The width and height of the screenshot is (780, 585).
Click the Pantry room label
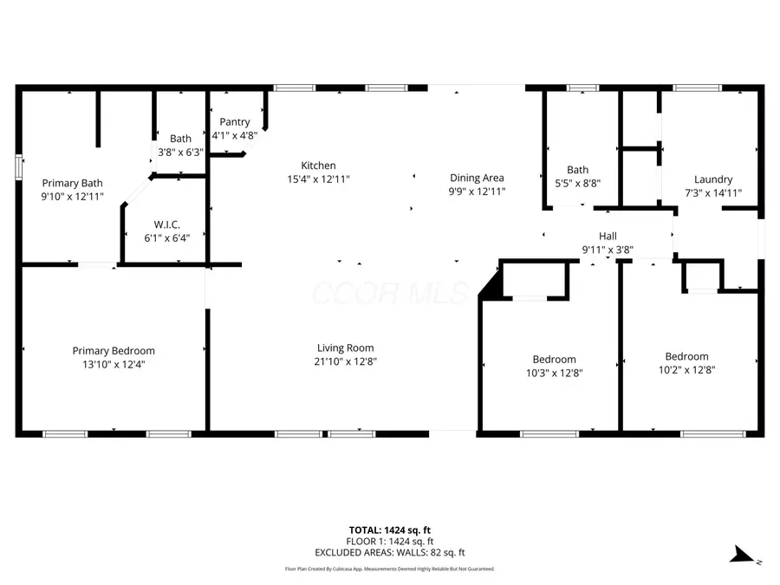coord(234,122)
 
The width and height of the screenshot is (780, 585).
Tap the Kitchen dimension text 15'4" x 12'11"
coord(318,179)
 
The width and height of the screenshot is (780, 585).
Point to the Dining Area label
coord(477,178)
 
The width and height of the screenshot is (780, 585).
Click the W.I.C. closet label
coord(166,224)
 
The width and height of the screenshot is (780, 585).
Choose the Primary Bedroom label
coord(114,351)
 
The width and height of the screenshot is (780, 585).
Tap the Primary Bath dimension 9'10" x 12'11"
coord(73,196)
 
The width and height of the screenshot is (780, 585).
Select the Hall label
coord(608,236)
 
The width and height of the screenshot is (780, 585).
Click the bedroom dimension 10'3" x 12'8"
coord(554,373)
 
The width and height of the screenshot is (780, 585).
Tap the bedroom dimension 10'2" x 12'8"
coord(686,369)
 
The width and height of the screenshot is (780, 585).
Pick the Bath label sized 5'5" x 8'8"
coord(578,170)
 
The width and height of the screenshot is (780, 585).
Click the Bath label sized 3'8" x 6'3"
coord(181,139)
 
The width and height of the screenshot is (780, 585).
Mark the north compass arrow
coord(742,556)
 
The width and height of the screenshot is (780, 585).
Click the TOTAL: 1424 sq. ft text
coord(389,530)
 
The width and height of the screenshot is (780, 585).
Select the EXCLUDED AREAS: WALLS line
coord(389,552)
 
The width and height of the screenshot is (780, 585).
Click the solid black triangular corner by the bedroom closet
coord(491,287)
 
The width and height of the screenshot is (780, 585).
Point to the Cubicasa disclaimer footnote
coord(389,569)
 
